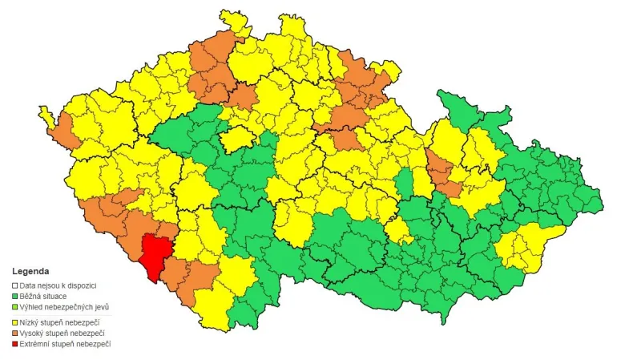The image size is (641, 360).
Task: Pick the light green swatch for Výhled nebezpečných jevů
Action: click(x=15, y=308)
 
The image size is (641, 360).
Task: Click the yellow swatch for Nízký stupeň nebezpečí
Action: click(x=15, y=322)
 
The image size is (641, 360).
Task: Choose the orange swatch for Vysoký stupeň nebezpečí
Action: click(x=15, y=333)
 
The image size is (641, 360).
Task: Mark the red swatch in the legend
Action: click(x=15, y=344)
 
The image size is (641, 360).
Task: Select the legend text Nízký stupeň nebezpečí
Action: click(x=65, y=322)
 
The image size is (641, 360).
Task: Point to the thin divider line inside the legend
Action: click(x=64, y=315)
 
